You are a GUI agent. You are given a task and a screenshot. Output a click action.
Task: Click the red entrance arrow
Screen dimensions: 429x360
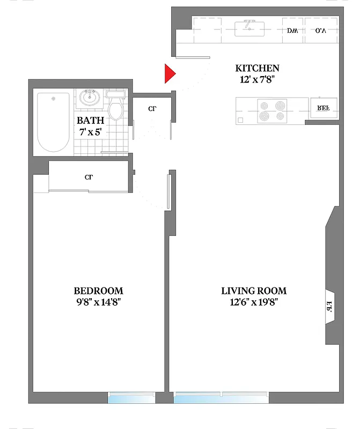[x=169, y=74]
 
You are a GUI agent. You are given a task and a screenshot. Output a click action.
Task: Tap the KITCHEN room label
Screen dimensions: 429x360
[x=257, y=68]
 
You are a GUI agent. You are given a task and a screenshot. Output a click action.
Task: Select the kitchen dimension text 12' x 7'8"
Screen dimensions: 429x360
[x=257, y=80]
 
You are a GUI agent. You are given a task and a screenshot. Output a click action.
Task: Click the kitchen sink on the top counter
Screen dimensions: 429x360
[x=250, y=28]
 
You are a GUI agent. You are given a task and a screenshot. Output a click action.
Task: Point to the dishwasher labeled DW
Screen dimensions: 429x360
[x=292, y=31]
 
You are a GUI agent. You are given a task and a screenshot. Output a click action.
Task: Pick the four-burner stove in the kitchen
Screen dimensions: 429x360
[x=271, y=111]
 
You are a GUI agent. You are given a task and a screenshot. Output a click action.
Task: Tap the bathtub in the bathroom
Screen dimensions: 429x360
[x=53, y=122]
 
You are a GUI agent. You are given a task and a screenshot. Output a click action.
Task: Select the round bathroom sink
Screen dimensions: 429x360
[x=90, y=98]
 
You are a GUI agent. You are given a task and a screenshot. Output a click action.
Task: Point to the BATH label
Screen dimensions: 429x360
[x=90, y=121]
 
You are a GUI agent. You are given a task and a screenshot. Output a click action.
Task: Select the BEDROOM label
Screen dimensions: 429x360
[x=98, y=291]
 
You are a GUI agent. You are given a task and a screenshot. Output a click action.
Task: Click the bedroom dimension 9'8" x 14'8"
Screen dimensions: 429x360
[x=98, y=302]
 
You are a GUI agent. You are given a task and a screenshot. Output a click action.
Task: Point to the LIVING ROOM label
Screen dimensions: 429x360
[x=254, y=291]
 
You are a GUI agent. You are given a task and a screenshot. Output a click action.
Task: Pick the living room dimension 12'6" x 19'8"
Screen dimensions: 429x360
[x=254, y=302]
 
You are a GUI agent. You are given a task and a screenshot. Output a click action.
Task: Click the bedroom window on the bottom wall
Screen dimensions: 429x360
[x=131, y=397]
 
